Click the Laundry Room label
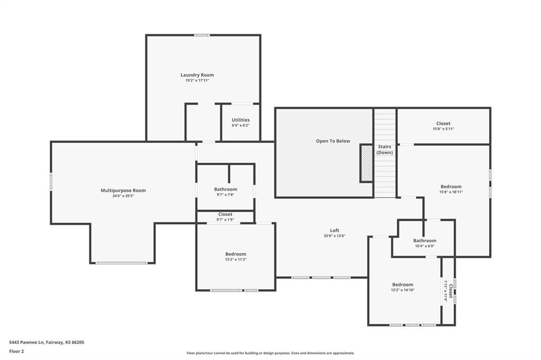click(197, 75)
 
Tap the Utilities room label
click(240, 120)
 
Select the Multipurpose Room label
click(123, 191)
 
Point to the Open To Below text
click(333, 141)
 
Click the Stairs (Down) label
click(385, 150)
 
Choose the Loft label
click(334, 230)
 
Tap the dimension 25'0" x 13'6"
click(334, 236)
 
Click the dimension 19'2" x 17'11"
click(197, 80)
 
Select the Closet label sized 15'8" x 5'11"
click(443, 124)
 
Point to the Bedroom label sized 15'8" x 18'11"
click(451, 186)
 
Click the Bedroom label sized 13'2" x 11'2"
click(236, 254)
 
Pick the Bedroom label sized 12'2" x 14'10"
click(403, 285)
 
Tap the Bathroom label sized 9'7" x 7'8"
click(226, 190)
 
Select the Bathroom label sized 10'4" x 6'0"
click(425, 241)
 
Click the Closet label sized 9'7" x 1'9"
click(225, 214)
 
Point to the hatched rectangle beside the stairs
click(367, 163)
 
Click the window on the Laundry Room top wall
click(202, 35)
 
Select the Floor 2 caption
click(16, 352)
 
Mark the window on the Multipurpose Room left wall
click(51, 182)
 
